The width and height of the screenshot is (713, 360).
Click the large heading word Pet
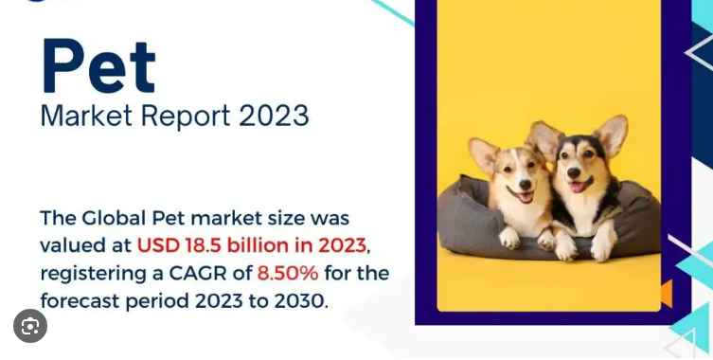98,66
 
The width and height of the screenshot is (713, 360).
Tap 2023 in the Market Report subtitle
274,116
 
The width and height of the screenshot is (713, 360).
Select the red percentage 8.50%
289,274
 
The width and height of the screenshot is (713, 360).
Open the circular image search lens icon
30,327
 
